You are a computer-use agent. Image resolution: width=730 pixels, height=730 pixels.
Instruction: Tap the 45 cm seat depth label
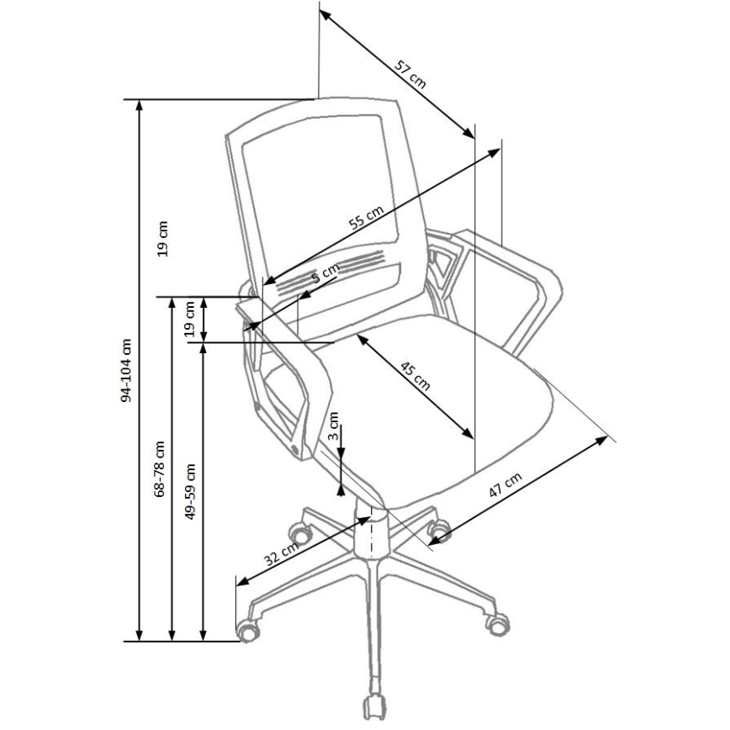pyautogui.click(x=415, y=378)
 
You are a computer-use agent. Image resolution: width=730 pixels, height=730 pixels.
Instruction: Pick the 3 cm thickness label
pyautogui.click(x=334, y=429)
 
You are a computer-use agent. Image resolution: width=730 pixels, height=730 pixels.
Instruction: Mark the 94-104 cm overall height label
pyautogui.click(x=127, y=369)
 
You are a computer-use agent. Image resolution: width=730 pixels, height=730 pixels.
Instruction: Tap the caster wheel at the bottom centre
pyautogui.click(x=373, y=705)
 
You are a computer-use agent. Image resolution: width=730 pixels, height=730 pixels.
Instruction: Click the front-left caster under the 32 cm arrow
pyautogui.click(x=249, y=629)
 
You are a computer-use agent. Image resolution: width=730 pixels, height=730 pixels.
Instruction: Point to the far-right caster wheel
pyautogui.click(x=496, y=622)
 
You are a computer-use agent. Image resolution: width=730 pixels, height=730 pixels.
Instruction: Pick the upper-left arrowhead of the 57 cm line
pyautogui.click(x=324, y=16)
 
